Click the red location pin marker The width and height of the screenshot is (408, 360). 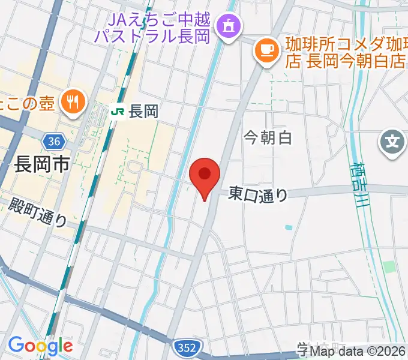coord(204,176)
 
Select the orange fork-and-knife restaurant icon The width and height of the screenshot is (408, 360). coord(73,102)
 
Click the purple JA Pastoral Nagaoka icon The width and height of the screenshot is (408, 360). coord(228,26)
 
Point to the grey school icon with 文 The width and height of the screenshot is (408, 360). coord(392,143)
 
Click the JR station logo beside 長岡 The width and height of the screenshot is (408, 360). coord(118,111)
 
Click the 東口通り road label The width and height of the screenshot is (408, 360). coord(258,194)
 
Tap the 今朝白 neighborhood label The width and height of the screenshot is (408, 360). coord(268,137)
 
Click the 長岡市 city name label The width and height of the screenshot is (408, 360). coord(42,164)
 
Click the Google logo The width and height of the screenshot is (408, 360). coord(40,346)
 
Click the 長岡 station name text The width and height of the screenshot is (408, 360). coord(143,111)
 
